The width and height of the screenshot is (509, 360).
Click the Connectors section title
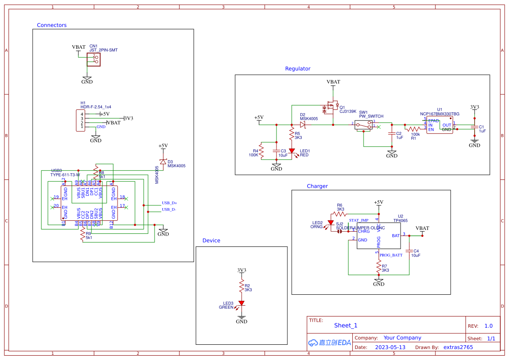52,25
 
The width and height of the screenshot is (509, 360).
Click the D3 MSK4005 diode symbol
163,162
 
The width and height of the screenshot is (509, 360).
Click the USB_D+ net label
169,203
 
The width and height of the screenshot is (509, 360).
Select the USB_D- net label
169,209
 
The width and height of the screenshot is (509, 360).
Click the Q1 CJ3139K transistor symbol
332,106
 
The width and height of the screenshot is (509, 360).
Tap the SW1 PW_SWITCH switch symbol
363,125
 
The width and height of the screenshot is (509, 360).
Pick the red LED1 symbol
292,151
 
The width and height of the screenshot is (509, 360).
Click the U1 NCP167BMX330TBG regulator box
439,125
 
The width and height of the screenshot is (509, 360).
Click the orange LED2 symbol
330,222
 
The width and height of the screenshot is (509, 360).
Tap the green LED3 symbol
241,303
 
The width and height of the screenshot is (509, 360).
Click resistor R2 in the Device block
241,286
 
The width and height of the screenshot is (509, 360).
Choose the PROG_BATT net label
391,255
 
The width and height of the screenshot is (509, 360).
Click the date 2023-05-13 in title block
390,347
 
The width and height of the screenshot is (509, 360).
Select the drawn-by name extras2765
458,347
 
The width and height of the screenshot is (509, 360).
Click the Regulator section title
297,69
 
